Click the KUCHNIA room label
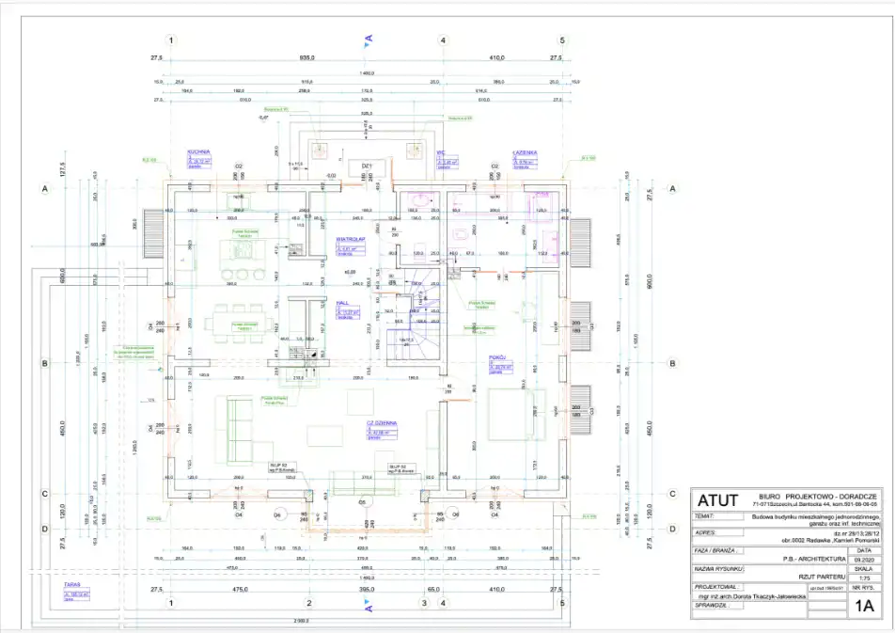tap(198, 151)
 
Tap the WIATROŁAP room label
tap(351, 239)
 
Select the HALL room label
tap(342, 303)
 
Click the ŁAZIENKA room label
tap(525, 152)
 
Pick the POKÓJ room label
tap(498, 358)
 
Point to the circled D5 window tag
tap(362, 501)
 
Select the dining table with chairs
tap(243, 318)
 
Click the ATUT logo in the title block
tap(718, 501)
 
